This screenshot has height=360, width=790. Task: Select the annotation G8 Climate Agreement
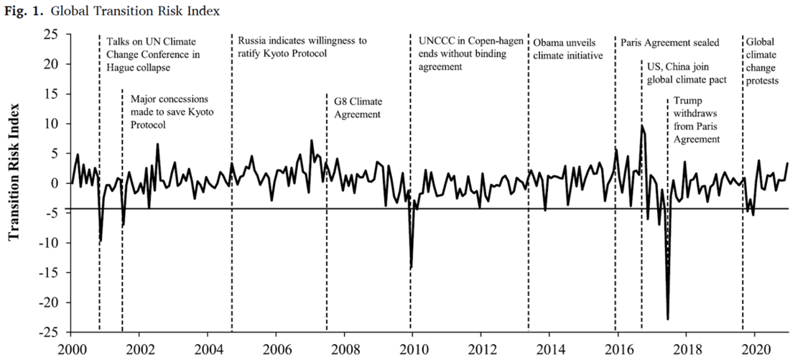coord(357,107)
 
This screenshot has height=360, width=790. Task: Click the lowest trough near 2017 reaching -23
coord(668,318)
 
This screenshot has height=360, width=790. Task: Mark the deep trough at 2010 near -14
coord(411,267)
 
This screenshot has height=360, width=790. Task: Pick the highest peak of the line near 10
coord(642,126)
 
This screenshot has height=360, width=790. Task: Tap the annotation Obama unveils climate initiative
coord(568,48)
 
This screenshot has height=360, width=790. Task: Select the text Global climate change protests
coord(763,61)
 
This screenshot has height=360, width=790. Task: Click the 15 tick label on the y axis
coord(57,94)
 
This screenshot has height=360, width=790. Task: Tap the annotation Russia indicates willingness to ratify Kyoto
coord(302,47)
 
